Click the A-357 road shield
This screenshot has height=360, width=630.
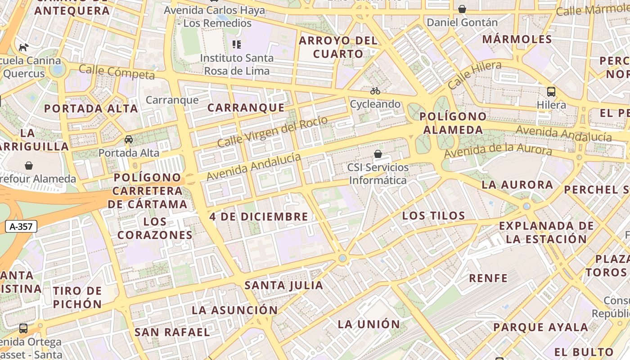tap(21, 226)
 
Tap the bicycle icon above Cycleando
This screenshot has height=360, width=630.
tap(375, 91)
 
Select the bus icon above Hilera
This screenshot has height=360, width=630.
tap(551, 92)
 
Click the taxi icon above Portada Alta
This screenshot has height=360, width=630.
tap(129, 139)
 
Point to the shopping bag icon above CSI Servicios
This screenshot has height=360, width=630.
tap(378, 154)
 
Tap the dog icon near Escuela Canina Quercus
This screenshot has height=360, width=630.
tap(23, 47)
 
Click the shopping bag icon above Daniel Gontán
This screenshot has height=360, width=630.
tap(462, 9)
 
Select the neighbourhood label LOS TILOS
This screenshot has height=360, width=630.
tap(433, 216)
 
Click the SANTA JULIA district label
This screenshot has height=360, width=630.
tap(283, 285)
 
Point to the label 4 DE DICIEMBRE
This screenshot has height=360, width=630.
tap(259, 216)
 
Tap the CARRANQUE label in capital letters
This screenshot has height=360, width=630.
tap(246, 108)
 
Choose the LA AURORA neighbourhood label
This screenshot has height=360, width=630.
tap(517, 184)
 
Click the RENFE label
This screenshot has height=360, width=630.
tap(488, 278)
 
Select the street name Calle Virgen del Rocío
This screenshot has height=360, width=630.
tap(272, 131)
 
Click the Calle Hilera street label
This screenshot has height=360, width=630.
tap(474, 75)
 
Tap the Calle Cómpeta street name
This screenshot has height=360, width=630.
tap(117, 72)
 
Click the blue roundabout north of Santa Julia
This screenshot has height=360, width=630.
tap(343, 258)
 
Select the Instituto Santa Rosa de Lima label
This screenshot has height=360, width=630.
tap(236, 64)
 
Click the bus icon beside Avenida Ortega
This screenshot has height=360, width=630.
tap(23, 328)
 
